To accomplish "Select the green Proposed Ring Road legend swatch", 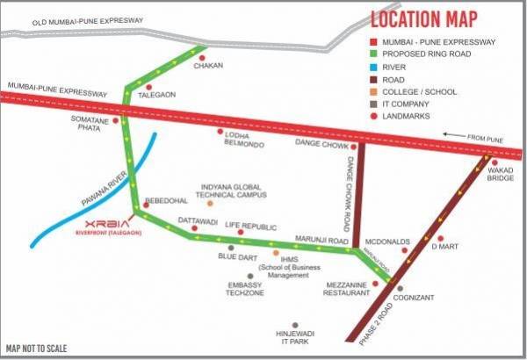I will click(x=374, y=56).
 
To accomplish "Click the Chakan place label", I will click(x=208, y=66).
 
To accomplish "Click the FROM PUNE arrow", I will click(x=453, y=135).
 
